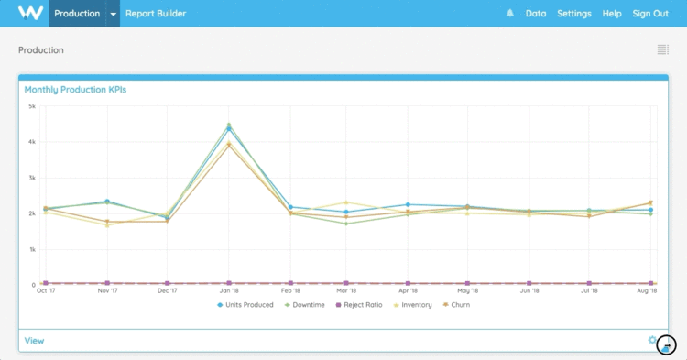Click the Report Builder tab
click(156, 14)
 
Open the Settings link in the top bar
click(574, 14)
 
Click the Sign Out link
click(650, 14)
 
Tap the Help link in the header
click(612, 14)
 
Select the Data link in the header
click(536, 14)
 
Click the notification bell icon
click(509, 14)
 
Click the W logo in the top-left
click(30, 13)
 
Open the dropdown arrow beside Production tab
click(113, 14)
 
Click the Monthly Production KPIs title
click(75, 90)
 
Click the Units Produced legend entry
click(245, 304)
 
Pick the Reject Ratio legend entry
click(361, 304)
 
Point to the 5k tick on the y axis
click(31, 106)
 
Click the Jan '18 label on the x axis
click(229, 291)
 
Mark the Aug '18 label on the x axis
click(648, 291)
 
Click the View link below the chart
click(34, 341)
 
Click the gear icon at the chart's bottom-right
click(652, 340)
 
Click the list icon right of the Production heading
click(662, 49)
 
